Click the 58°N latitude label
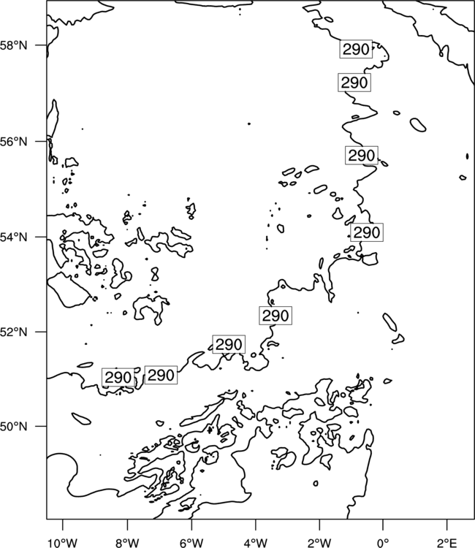[13, 45]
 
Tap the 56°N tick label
[13, 142]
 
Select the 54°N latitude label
[13, 237]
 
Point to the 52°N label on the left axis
[13, 332]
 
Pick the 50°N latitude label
[13, 427]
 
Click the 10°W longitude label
[63, 543]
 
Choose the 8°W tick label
[127, 543]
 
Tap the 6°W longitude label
[191, 543]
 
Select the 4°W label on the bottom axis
[256, 543]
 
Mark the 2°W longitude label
[319, 543]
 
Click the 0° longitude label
[383, 543]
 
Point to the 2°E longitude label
[447, 543]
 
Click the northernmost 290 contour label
[356, 49]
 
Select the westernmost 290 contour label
[118, 378]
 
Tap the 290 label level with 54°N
[367, 232]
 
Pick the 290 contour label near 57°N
[354, 83]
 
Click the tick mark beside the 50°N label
[41, 427]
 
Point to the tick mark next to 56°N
[41, 142]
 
